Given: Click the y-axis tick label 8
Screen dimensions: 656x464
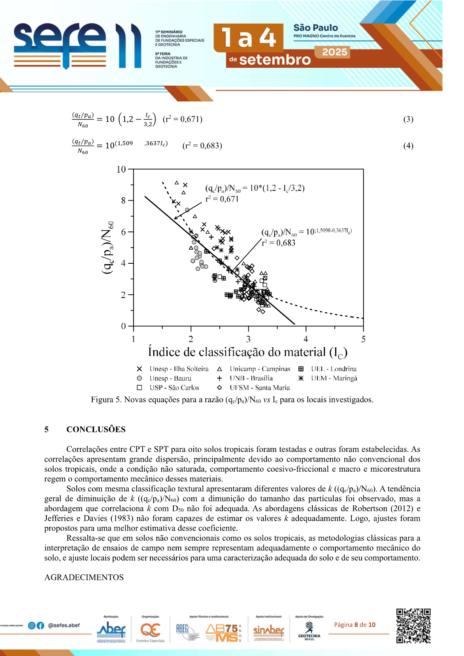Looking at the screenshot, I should tap(123, 201).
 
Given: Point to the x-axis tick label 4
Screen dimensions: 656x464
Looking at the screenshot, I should tap(306, 339).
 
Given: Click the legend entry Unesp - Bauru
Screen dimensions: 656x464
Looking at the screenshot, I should tap(170, 378).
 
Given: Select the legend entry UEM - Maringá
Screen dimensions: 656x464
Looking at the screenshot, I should tap(334, 378).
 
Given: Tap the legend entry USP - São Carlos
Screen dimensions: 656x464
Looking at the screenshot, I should tap(174, 388).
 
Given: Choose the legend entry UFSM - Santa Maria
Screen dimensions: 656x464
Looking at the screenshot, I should tap(259, 388).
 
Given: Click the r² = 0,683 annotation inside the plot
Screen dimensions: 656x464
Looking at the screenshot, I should tap(279, 243).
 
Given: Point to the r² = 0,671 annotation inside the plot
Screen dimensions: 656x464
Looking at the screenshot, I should tap(222, 199).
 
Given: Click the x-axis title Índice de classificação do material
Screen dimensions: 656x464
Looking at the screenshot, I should tap(247, 352).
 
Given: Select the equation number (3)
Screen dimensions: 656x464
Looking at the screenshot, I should tap(408, 119).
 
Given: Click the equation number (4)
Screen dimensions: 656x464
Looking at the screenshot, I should tap(408, 146).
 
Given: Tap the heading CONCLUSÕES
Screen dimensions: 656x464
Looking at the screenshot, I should tap(96, 429).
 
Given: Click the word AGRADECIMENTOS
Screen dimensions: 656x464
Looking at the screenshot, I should tap(84, 577).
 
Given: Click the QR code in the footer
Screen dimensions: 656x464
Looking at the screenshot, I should tap(413, 626).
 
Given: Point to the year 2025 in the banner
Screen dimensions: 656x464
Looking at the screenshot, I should tap(334, 52).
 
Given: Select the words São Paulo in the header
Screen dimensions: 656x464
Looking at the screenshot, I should tap(316, 28).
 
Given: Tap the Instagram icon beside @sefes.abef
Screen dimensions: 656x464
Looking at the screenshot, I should tap(32, 626).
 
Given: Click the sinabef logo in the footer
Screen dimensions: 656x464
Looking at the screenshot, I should tap(269, 630).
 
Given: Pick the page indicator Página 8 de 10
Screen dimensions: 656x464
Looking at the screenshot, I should tap(355, 625).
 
